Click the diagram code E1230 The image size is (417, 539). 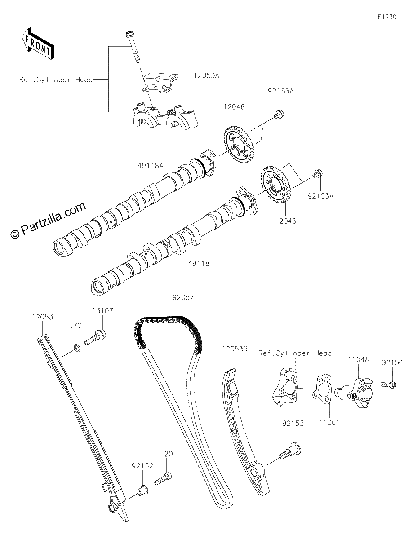tap(387, 17)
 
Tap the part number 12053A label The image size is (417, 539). tap(206, 75)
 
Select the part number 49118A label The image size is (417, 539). tap(151, 166)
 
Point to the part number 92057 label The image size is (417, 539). tap(183, 297)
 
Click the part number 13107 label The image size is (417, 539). tap(103, 310)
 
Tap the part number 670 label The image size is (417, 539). tap(75, 325)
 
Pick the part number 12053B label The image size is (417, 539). tap(235, 349)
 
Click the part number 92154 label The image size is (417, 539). tap(392, 363)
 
